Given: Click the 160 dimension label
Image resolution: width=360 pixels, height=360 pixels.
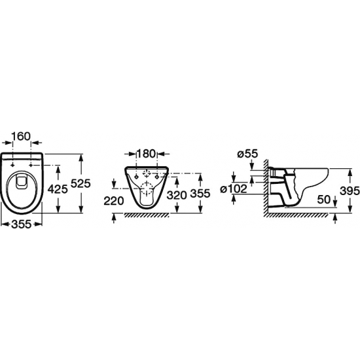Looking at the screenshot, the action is click(x=21, y=136).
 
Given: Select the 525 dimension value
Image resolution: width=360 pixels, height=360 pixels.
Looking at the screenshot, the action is click(x=81, y=183).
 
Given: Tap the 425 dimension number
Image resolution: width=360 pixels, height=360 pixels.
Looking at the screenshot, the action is click(x=58, y=189).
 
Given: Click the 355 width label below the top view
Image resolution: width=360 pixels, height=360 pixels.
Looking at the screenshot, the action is click(x=21, y=224).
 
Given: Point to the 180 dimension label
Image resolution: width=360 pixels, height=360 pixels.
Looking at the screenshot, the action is click(x=146, y=153).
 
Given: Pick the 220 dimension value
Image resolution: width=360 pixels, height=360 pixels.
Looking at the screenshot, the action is click(x=114, y=201).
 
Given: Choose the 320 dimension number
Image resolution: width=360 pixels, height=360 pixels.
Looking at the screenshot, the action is click(x=177, y=195).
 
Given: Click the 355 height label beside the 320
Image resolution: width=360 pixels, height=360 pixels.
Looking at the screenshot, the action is click(x=200, y=194).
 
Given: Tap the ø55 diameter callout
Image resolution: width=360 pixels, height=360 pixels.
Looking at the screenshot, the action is click(x=247, y=154).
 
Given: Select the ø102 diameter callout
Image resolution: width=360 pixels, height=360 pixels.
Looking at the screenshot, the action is click(x=234, y=189).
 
